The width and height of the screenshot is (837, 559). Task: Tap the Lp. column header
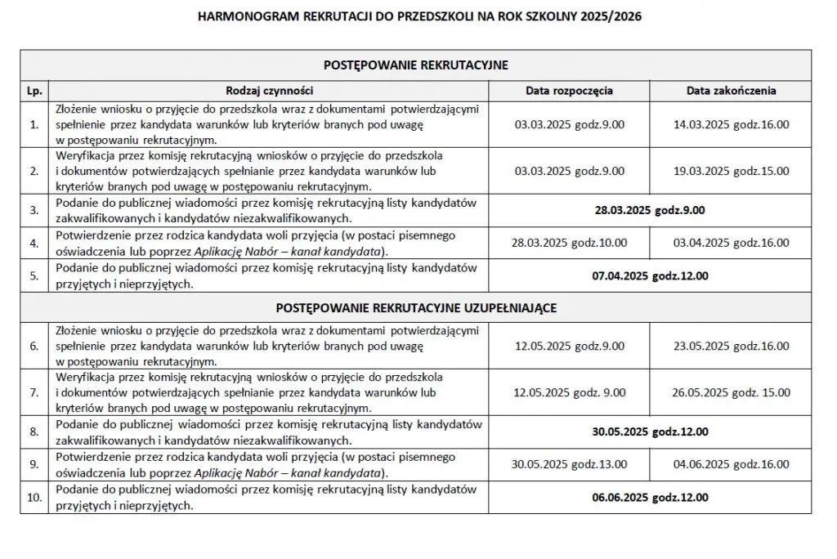click(34, 91)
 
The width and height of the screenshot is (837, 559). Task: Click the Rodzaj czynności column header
click(269, 91)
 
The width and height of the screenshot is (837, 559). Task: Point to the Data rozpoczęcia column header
click(569, 91)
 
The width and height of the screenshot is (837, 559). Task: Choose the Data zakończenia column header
click(731, 91)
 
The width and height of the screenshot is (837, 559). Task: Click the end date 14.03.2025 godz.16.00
click(731, 125)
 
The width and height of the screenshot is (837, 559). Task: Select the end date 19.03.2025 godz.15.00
click(731, 171)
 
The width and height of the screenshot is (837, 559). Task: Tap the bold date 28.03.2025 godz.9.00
click(650, 209)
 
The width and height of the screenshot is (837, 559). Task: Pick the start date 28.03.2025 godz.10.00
click(569, 243)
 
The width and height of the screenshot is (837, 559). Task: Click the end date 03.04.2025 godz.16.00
click(731, 243)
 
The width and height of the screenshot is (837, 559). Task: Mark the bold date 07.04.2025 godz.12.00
click(650, 276)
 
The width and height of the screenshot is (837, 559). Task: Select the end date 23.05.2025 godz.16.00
click(731, 347)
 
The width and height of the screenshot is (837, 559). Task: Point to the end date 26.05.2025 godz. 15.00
click(731, 392)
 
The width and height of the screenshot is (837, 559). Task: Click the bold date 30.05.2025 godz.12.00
click(650, 432)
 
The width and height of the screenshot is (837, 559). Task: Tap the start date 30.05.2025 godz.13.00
click(569, 464)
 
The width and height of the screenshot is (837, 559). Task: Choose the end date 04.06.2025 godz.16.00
click(731, 464)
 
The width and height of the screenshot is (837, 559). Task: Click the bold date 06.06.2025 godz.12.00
click(650, 497)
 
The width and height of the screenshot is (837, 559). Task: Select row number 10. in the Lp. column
click(34, 497)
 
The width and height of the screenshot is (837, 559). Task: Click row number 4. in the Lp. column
click(34, 243)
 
